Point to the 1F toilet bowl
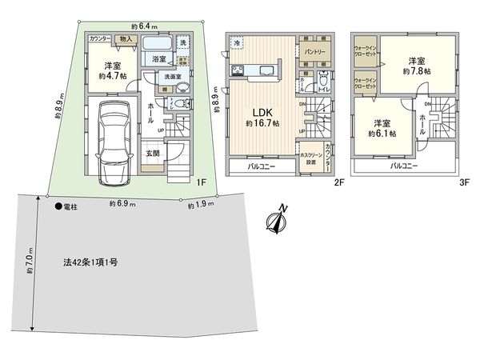[182, 105]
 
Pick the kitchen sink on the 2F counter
[262, 72]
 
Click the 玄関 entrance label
[153, 153]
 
